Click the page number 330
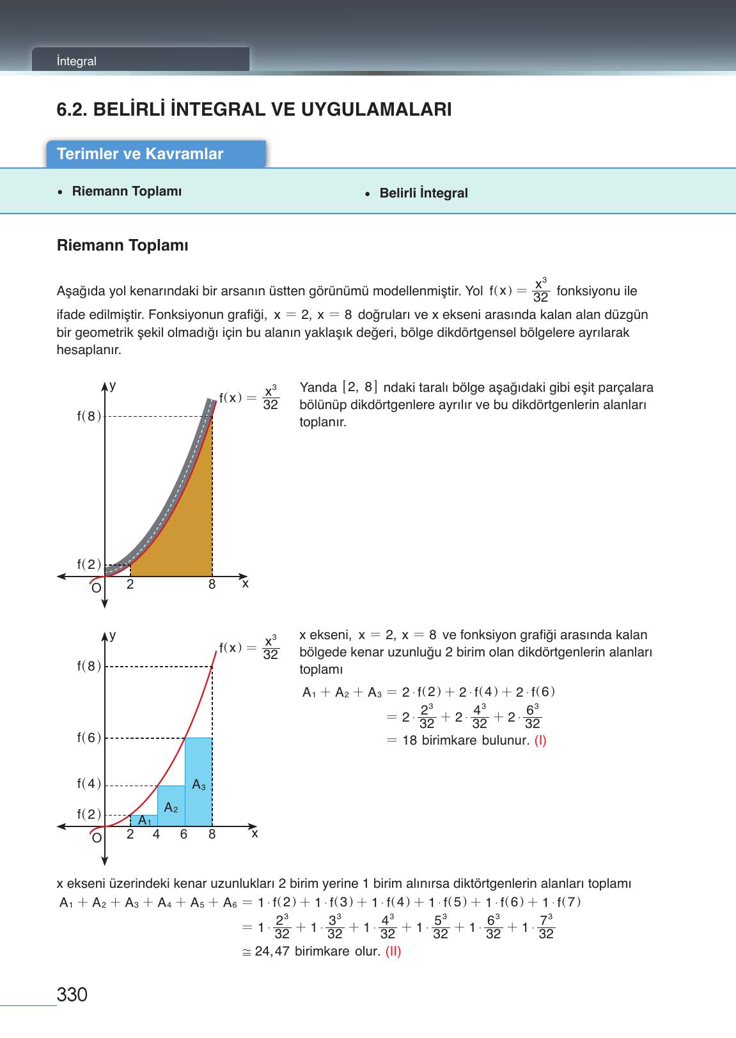[x=72, y=995]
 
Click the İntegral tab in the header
[x=76, y=61]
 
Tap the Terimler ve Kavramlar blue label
[x=140, y=154]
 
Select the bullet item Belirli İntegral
[x=423, y=193]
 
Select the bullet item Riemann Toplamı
[x=127, y=192]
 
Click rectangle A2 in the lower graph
[x=171, y=807]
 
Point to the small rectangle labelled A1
[x=145, y=821]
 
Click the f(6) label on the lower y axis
[x=89, y=738]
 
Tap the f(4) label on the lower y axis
[x=89, y=784]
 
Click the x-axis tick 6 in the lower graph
[x=184, y=835]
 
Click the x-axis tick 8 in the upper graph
[x=212, y=585]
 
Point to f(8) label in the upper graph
[x=89, y=416]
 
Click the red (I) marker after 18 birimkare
[x=540, y=741]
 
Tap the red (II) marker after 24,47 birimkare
[x=393, y=951]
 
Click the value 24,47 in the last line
[x=272, y=951]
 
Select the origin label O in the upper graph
[x=96, y=588]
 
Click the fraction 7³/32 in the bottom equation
[x=545, y=927]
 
